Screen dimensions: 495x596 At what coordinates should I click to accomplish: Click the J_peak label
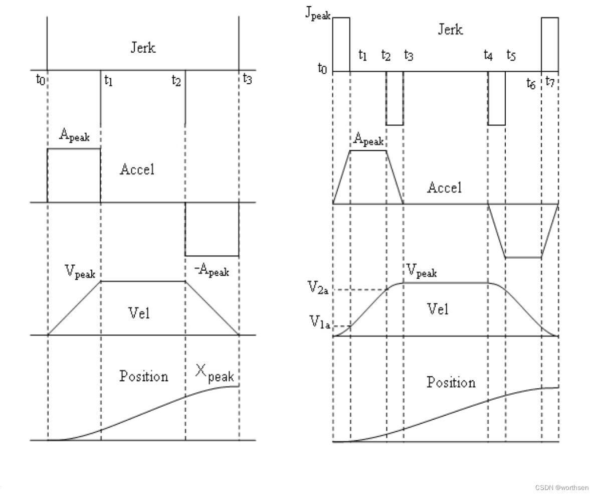(318, 14)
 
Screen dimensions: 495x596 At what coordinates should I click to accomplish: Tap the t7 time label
(550, 81)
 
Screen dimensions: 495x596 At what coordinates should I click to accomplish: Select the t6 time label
(531, 84)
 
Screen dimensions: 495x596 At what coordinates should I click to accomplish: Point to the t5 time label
(511, 55)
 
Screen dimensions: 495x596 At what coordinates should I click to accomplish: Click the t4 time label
(488, 55)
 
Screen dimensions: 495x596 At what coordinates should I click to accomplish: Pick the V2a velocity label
(318, 289)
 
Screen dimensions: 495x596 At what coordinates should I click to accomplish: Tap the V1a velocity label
(318, 324)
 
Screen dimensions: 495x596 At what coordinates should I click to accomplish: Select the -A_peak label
(212, 271)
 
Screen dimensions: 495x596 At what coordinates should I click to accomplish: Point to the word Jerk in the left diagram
(143, 48)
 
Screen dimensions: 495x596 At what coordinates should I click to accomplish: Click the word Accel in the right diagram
(444, 188)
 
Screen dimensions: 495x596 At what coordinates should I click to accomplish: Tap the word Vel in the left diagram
(139, 313)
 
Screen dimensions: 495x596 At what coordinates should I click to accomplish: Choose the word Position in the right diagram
(451, 382)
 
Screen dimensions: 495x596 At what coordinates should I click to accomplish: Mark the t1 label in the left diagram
(108, 80)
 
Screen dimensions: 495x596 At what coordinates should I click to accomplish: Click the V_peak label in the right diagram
(422, 271)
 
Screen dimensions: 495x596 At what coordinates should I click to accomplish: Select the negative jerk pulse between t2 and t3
(394, 98)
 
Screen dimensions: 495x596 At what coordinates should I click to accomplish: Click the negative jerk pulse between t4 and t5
(496, 98)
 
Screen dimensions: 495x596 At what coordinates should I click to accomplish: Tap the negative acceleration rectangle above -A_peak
(212, 229)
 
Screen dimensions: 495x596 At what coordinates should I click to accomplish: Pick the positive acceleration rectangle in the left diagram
(74, 176)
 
